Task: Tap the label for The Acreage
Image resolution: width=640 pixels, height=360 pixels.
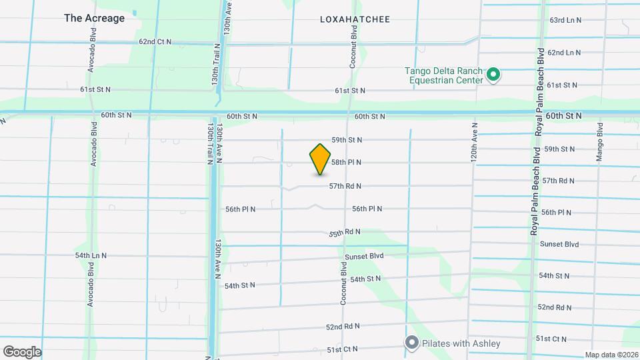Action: (x=94, y=18)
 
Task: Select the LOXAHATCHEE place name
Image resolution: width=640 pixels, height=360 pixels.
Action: (x=355, y=19)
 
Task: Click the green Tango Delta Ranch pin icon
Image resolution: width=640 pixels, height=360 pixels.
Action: (x=493, y=75)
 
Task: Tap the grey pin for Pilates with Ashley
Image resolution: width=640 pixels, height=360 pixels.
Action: (x=411, y=343)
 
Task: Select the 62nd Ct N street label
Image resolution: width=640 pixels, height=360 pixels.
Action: (x=155, y=41)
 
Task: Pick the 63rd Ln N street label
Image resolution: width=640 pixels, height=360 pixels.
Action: (x=564, y=20)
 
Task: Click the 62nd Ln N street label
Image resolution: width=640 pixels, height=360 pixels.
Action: (x=564, y=52)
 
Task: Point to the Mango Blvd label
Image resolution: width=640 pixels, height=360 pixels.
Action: (x=600, y=142)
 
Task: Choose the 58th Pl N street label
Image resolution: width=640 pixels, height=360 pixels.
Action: (x=347, y=162)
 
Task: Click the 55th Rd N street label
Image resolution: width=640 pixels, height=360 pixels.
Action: (x=345, y=233)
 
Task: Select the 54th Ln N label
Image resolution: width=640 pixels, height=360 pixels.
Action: (x=91, y=255)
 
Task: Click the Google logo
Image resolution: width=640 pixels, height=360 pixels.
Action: (x=22, y=351)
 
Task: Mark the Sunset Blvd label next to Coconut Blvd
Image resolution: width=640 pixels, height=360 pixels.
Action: (x=364, y=256)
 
